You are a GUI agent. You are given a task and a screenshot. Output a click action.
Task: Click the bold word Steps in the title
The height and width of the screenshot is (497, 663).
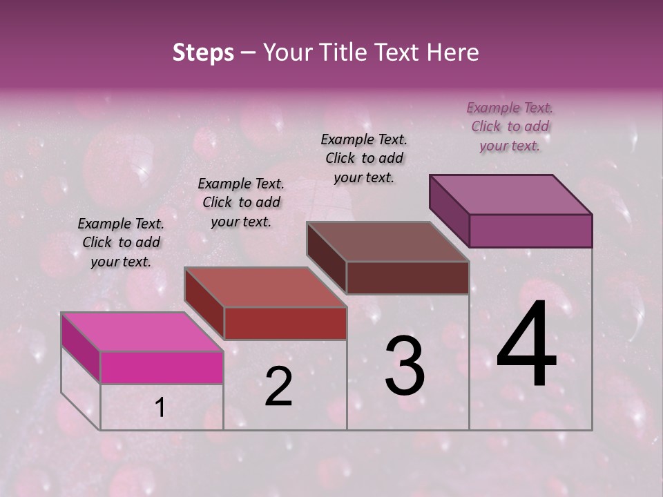pyautogui.click(x=203, y=52)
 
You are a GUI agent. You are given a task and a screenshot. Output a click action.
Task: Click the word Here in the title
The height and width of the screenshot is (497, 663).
pyautogui.click(x=452, y=52)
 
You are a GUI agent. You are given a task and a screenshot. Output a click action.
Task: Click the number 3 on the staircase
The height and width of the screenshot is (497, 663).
pyautogui.click(x=404, y=366)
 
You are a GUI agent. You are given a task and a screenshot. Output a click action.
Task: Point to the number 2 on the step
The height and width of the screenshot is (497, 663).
pyautogui.click(x=278, y=387)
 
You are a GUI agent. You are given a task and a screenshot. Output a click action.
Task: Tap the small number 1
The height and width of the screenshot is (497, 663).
pyautogui.click(x=160, y=408)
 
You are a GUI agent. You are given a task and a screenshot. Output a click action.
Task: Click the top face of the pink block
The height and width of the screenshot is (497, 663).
pyautogui.click(x=142, y=332)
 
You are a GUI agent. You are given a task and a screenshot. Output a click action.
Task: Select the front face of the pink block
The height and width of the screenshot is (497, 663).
pyautogui.click(x=162, y=367)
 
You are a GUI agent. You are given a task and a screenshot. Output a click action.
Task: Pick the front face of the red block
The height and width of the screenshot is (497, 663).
pyautogui.click(x=285, y=323)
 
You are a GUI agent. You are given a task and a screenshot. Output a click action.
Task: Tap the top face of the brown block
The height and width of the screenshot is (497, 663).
pyautogui.click(x=387, y=242)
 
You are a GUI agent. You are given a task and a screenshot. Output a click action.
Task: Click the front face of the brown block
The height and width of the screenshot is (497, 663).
pyautogui.click(x=407, y=277)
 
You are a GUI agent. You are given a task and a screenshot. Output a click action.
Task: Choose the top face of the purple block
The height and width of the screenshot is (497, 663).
pyautogui.click(x=510, y=195)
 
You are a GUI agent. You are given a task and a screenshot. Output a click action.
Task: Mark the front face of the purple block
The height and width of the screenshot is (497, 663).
pyautogui.click(x=530, y=231)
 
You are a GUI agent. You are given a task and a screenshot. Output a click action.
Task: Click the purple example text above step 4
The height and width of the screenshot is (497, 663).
pyautogui.click(x=510, y=126)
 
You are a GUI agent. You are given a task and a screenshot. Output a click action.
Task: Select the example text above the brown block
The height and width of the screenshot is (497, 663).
pyautogui.click(x=364, y=158)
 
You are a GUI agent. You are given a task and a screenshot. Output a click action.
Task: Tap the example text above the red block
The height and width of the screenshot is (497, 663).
pyautogui.click(x=241, y=202)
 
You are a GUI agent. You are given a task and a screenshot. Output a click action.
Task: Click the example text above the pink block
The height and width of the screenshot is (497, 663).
pyautogui.click(x=121, y=242)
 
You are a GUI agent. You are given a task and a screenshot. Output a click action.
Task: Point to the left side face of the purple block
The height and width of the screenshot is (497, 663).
pyautogui.click(x=449, y=211)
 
